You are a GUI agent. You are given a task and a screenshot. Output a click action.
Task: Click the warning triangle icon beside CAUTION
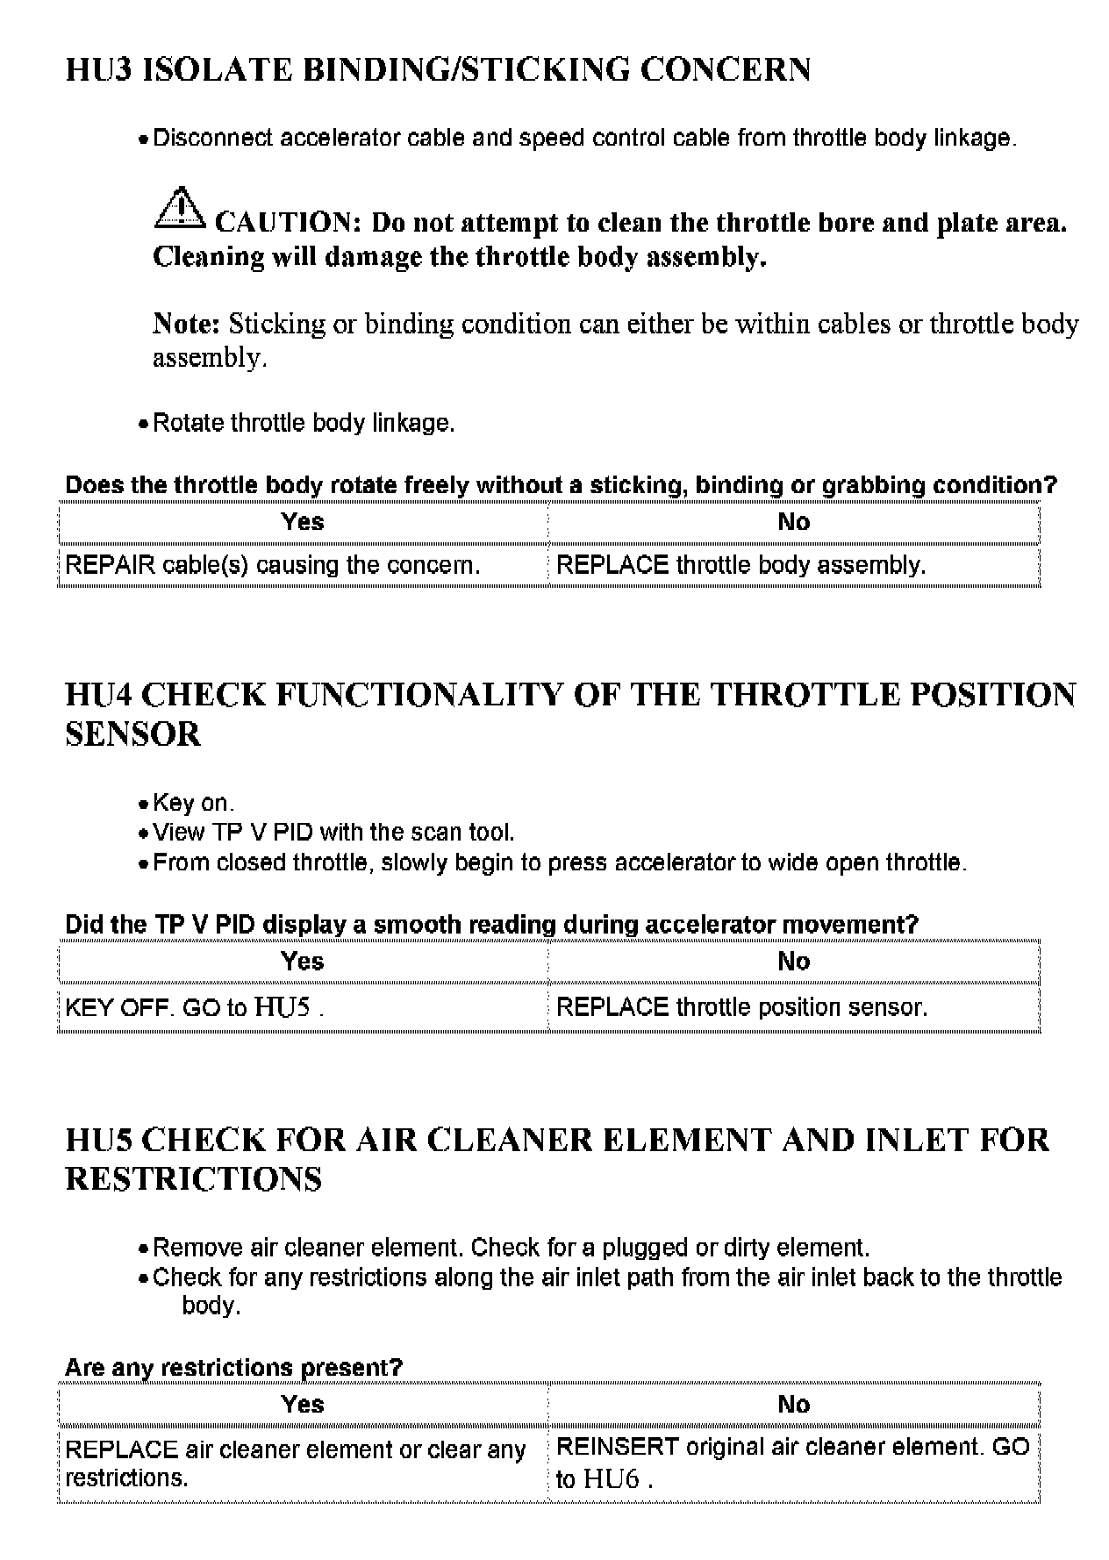(x=178, y=208)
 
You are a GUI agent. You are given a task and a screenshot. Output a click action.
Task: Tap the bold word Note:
(x=186, y=324)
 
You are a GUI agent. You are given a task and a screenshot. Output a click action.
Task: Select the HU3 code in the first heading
(x=98, y=69)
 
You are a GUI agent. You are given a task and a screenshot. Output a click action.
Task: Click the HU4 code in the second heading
(x=98, y=695)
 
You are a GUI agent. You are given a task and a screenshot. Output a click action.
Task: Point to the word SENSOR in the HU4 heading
(x=133, y=734)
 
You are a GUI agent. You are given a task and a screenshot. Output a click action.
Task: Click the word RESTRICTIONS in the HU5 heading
(x=194, y=1179)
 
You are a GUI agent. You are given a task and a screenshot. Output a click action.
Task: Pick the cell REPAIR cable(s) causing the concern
(x=273, y=565)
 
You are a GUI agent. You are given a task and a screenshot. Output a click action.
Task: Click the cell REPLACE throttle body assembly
(x=741, y=565)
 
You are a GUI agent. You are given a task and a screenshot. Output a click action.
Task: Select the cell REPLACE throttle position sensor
(x=742, y=1007)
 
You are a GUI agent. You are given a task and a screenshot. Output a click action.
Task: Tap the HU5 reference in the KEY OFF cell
(x=282, y=1007)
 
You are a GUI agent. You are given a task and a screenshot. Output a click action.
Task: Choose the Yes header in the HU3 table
(x=303, y=522)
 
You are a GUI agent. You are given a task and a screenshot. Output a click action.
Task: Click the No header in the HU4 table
(x=793, y=962)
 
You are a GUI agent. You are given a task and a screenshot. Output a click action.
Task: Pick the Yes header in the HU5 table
(x=303, y=1404)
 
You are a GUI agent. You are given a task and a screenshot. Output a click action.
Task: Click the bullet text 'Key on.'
(x=193, y=803)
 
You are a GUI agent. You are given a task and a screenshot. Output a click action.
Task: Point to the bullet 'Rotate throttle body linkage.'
(x=304, y=423)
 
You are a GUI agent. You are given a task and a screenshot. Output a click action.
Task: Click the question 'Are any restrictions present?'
(x=233, y=1367)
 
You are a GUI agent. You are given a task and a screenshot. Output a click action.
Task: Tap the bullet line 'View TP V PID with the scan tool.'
(x=333, y=832)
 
